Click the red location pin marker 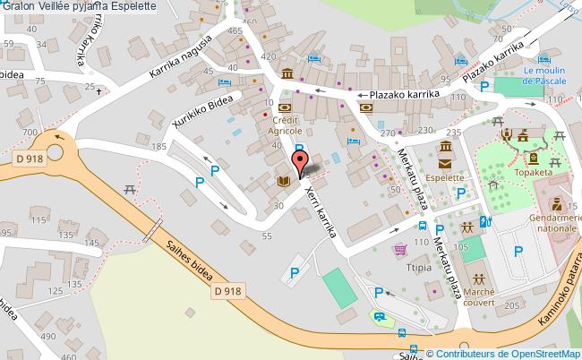pos(301,162)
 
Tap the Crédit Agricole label pos(285,124)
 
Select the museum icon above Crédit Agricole pos(286,73)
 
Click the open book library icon pos(283,181)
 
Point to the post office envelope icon pos(445,163)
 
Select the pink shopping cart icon pos(401,248)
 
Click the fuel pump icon pos(485,222)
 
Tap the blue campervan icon pos(379,316)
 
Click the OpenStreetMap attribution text pos(503,354)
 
